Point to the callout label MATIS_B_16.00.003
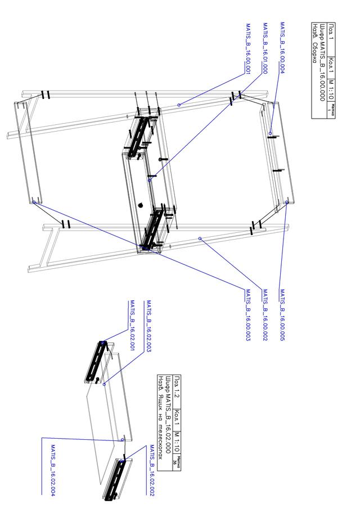247,316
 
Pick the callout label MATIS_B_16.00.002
265,316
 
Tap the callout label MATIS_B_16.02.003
149,326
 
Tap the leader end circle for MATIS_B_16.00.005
287,202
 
